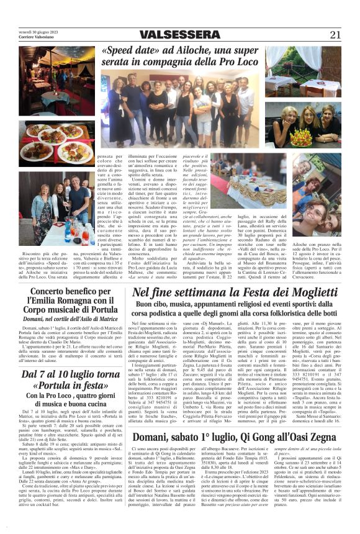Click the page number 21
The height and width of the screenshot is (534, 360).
point(335,35)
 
